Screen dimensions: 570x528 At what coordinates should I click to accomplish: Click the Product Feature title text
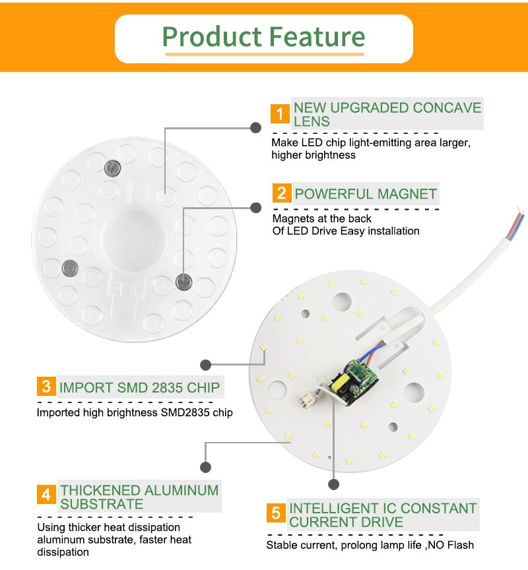click(x=263, y=36)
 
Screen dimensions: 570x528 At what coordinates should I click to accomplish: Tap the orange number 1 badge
click(x=280, y=114)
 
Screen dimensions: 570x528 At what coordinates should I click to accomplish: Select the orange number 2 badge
click(x=281, y=193)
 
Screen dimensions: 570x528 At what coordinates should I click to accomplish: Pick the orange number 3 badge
click(x=46, y=386)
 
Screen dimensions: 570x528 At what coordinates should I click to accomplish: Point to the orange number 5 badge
click(x=276, y=513)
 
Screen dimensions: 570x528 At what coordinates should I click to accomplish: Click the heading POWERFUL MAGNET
click(x=366, y=194)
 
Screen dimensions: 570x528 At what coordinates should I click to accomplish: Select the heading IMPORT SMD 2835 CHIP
click(x=139, y=387)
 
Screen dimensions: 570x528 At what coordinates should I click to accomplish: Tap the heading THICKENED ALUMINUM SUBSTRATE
click(x=139, y=497)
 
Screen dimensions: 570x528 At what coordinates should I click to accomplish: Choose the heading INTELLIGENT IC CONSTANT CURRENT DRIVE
click(x=383, y=515)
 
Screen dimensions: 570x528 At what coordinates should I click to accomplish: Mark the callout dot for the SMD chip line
click(x=205, y=364)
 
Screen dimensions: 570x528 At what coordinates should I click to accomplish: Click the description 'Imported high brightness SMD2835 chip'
click(x=135, y=413)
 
